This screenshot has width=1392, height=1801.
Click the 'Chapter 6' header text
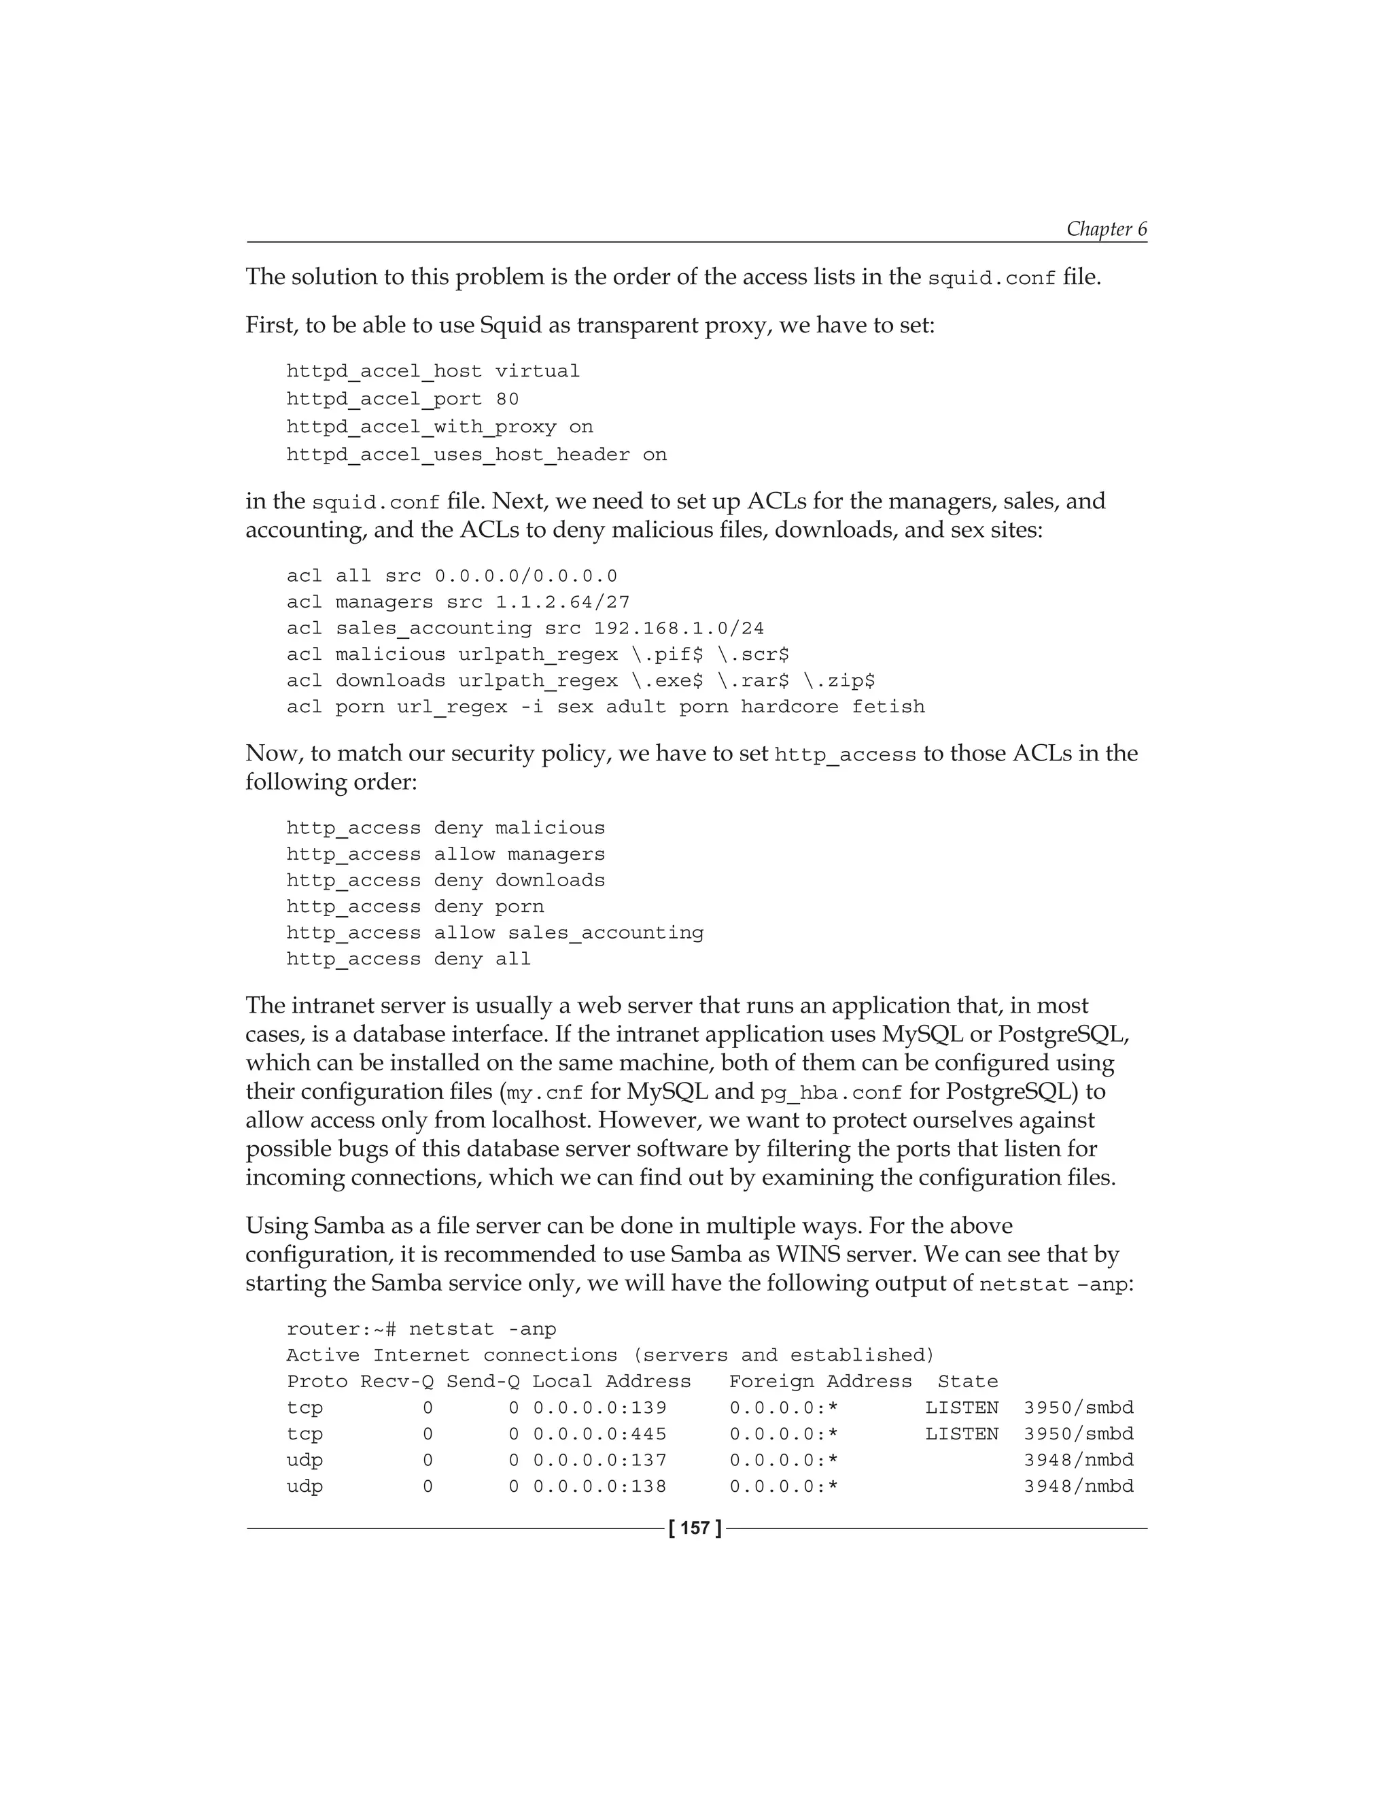1106,228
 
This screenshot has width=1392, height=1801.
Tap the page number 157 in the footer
695,1528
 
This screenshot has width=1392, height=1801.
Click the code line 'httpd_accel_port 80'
402,399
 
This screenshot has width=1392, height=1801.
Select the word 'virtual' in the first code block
537,371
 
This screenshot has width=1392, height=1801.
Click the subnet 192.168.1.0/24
679,629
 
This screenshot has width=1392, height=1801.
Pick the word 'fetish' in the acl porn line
888,707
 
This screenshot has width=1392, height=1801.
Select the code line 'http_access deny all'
408,959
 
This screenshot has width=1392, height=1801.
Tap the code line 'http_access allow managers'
445,854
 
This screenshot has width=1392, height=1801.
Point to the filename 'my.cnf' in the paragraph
545,1093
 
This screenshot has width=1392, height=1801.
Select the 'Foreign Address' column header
820,1381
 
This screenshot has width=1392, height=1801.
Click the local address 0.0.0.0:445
599,1434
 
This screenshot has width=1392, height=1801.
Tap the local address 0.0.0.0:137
599,1461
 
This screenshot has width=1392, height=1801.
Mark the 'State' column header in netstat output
967,1381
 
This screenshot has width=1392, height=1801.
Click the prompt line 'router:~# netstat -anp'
421,1329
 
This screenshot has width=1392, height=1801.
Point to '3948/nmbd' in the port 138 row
1079,1487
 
